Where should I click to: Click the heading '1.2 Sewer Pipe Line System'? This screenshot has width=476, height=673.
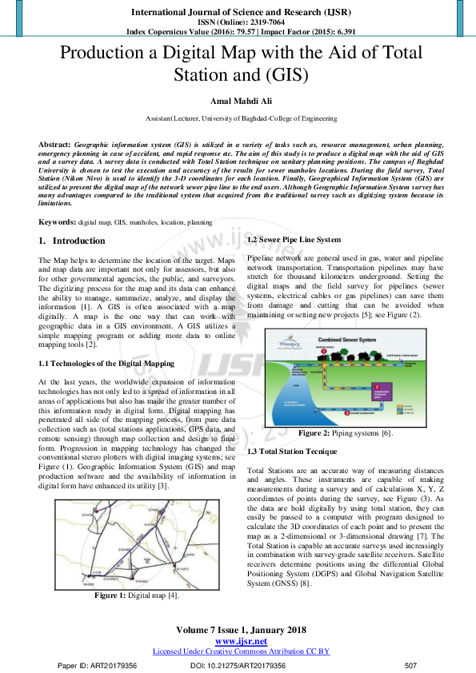[294, 240]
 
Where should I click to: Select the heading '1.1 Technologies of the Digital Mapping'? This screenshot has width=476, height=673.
[106, 364]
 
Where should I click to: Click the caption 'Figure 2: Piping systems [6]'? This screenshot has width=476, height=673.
[345, 432]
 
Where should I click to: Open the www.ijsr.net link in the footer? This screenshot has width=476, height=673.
[241, 641]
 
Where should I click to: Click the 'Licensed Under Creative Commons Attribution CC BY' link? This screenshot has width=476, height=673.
[241, 651]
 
